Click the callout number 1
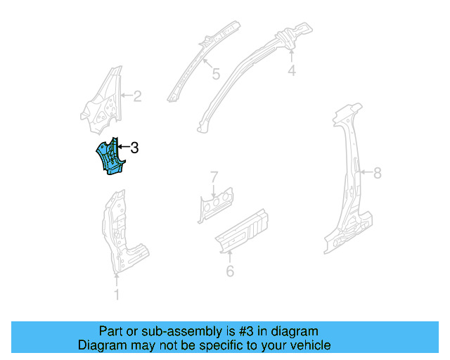[x=117, y=295]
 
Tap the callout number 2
[x=137, y=96]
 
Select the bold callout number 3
[x=134, y=148]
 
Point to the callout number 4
[x=291, y=70]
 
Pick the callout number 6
[x=230, y=271]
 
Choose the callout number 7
[x=214, y=176]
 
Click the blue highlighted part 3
[x=110, y=157]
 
